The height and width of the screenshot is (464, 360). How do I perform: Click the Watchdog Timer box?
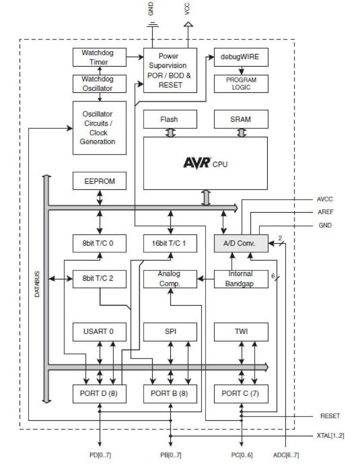99,57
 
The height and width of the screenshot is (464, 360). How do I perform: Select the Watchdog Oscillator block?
99,84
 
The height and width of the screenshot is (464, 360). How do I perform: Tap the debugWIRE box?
241,57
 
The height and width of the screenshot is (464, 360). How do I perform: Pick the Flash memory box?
170,119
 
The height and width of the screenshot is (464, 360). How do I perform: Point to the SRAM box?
241,119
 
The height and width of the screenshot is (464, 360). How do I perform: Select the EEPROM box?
99,181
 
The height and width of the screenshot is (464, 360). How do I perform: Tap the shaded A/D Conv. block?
241,243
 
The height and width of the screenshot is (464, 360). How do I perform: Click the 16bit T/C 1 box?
170,243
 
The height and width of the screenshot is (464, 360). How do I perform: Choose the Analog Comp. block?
170,279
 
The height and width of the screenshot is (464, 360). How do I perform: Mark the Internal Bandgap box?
241,279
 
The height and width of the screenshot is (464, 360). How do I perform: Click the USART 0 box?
99,332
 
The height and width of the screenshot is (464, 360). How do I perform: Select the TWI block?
241,332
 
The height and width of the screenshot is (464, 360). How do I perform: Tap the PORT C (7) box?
241,394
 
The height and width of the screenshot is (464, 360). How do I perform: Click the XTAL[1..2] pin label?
328,436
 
